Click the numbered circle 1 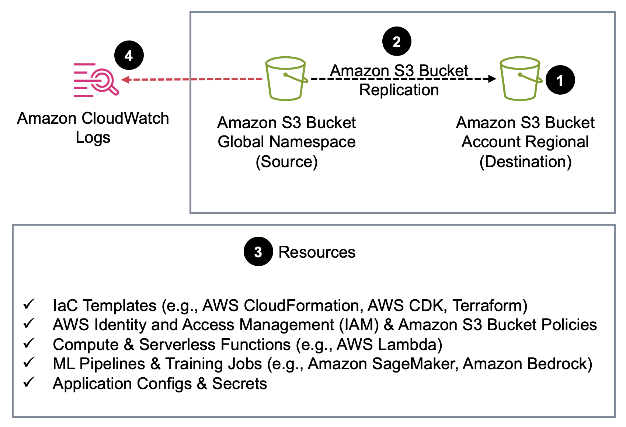(560, 80)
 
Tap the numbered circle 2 (396, 41)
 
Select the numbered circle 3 (258, 251)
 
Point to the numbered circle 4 (129, 55)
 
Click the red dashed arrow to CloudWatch (192, 79)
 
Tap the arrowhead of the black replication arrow (492, 78)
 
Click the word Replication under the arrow (399, 90)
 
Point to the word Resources (317, 252)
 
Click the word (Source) (286, 161)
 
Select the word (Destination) (525, 161)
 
